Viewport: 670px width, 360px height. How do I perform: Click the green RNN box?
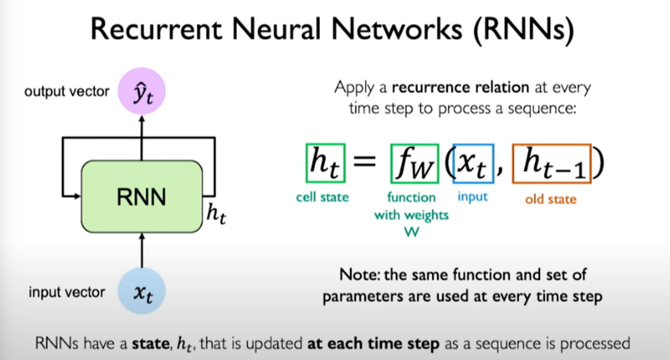[x=142, y=196]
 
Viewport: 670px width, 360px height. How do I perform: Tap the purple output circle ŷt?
[x=142, y=91]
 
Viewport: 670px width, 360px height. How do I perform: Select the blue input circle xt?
[x=142, y=291]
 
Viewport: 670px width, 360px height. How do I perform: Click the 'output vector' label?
[x=67, y=91]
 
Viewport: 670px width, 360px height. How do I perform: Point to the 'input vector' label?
[x=67, y=292]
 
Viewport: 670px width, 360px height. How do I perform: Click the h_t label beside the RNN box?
[x=216, y=214]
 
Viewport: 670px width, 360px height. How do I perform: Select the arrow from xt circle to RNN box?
[x=142, y=250]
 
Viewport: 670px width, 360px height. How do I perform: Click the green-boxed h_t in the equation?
[x=325, y=164]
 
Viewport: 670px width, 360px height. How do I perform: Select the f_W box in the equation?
[x=415, y=164]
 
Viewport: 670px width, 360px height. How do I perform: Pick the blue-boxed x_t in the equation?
[x=473, y=164]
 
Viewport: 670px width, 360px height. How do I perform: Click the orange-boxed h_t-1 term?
[x=552, y=164]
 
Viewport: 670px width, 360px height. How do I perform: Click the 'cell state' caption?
[x=322, y=197]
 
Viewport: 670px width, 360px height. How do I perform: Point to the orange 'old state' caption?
[x=550, y=199]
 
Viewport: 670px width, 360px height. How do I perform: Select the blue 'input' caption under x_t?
[x=472, y=196]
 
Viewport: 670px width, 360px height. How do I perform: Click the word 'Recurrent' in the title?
[x=156, y=30]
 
